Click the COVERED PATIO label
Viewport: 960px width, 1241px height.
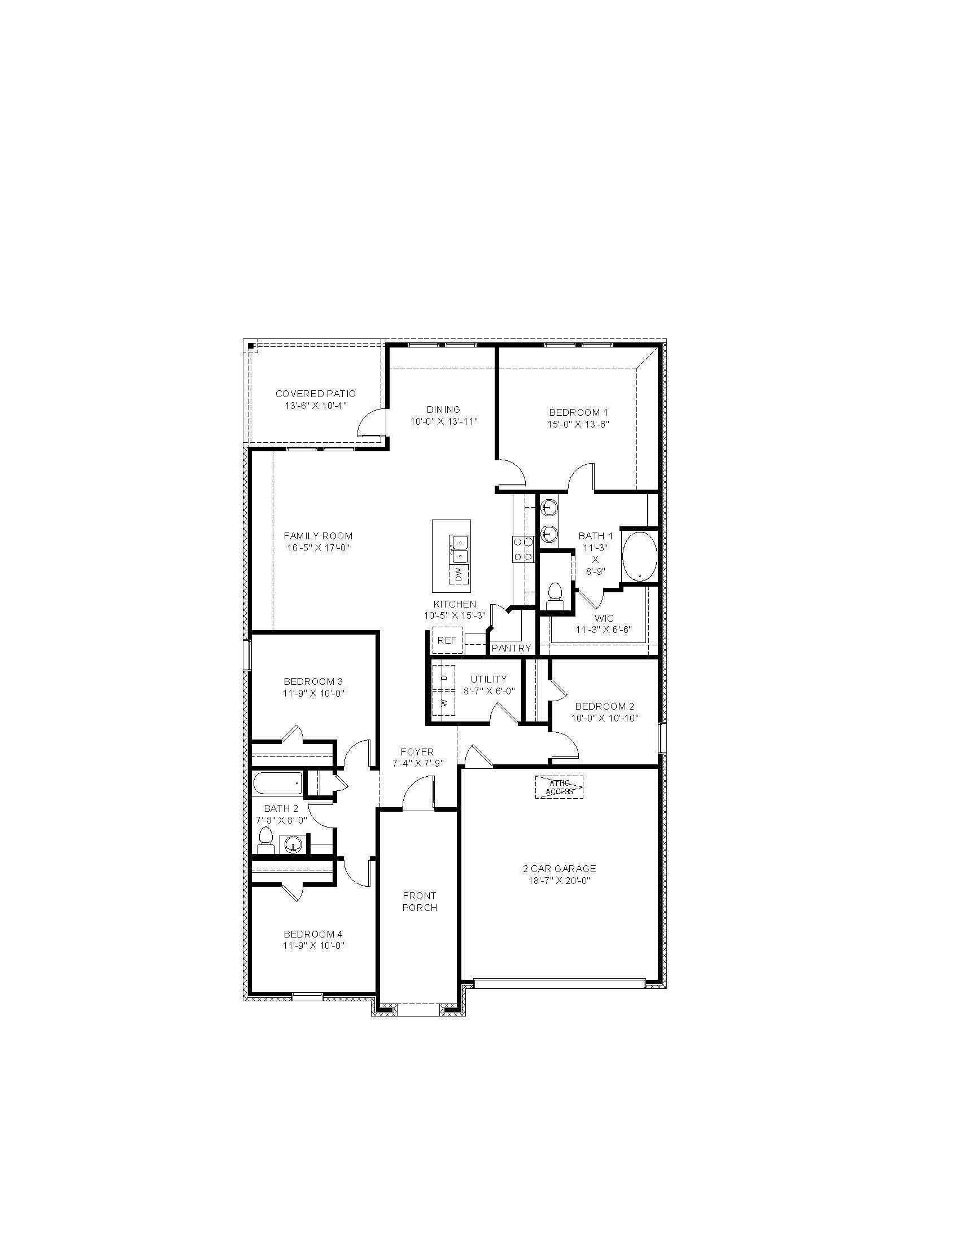tap(316, 394)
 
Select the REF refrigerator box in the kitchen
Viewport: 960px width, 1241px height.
tap(447, 640)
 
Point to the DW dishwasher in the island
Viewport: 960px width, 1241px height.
tap(460, 574)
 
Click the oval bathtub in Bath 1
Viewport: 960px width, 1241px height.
tap(640, 556)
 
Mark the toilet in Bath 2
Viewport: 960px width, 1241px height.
tap(265, 840)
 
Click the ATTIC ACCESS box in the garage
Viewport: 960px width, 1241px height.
tap(559, 787)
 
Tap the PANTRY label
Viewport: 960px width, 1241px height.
tap(511, 648)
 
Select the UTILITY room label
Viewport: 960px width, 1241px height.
tap(488, 679)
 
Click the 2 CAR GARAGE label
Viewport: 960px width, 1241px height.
tap(560, 869)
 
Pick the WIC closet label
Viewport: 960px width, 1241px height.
tap(604, 618)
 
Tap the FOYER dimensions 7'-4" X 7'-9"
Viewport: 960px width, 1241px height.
tap(417, 763)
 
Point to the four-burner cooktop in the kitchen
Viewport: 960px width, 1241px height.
tap(523, 549)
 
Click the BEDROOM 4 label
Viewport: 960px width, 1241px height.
tap(313, 934)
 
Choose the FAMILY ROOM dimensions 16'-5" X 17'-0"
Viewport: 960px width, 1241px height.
tap(318, 548)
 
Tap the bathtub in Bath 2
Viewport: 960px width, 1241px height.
tap(277, 784)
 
